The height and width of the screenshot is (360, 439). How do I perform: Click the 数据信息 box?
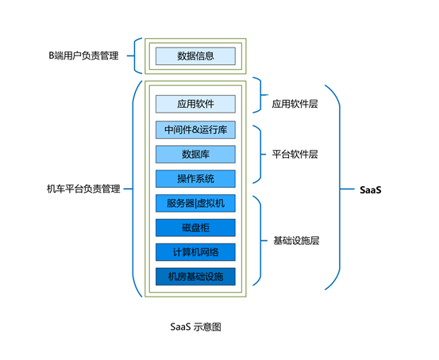click(x=195, y=56)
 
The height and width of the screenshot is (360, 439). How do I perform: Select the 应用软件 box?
click(x=195, y=104)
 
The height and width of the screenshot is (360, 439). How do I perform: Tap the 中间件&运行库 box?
click(x=195, y=130)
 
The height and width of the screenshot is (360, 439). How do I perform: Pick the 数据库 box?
click(x=195, y=154)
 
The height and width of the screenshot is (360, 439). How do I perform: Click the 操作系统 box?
click(x=195, y=178)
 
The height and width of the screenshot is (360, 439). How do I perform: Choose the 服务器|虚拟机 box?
click(x=195, y=203)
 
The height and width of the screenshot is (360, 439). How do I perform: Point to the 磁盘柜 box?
click(x=195, y=228)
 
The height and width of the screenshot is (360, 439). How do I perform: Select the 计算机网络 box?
click(x=195, y=252)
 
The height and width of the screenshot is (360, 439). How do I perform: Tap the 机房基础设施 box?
click(x=195, y=277)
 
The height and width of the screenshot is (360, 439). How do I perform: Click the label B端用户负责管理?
click(x=83, y=56)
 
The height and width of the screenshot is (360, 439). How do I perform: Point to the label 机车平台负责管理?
click(x=83, y=189)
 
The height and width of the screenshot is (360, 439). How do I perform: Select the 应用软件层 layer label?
click(x=295, y=104)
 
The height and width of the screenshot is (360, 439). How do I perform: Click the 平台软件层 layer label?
click(x=295, y=154)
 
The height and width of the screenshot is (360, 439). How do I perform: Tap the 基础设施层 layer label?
click(x=296, y=240)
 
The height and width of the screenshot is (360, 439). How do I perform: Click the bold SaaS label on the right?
click(x=371, y=190)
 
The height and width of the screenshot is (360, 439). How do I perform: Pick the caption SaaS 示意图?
click(x=196, y=327)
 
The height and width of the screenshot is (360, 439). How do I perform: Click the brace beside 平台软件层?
click(x=261, y=154)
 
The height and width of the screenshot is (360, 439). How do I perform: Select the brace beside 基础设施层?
click(x=261, y=240)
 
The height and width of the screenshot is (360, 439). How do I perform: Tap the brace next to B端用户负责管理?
click(x=134, y=56)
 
